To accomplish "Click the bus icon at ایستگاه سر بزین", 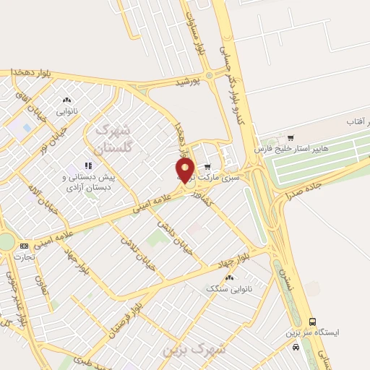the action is tap(312, 321).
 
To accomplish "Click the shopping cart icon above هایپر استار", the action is tap(291, 137).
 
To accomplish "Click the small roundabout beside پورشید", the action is tap(210, 74).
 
